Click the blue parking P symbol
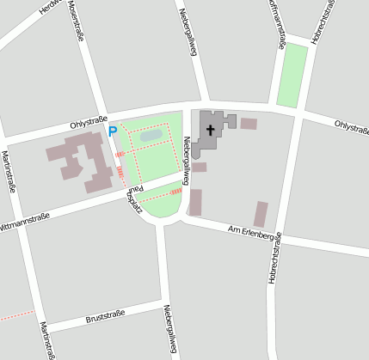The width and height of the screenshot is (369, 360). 112,131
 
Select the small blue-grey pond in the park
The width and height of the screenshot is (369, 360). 151,135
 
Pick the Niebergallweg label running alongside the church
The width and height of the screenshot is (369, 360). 185,156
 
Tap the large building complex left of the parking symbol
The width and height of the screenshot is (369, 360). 82,161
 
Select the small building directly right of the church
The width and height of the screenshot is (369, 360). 249,124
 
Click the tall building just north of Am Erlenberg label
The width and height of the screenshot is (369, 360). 261,214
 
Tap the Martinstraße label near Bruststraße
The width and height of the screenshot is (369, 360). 47,339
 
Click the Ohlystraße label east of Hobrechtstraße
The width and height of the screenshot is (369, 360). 351,128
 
